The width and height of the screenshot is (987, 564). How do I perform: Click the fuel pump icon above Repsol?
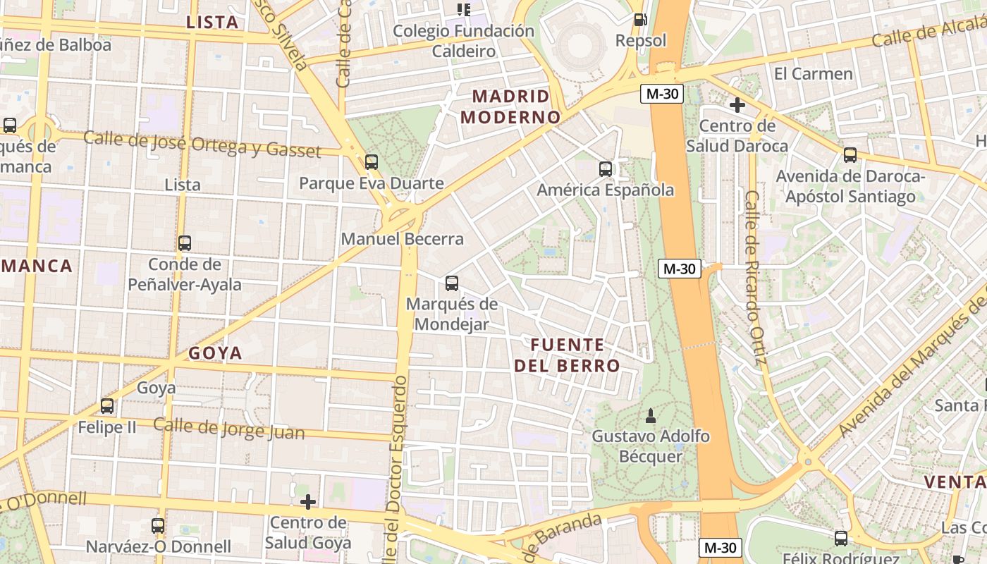pyautogui.click(x=640, y=20)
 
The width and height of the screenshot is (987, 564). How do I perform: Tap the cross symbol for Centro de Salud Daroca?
pyautogui.click(x=737, y=106)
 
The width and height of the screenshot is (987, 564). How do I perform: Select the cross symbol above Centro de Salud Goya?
pyautogui.click(x=308, y=502)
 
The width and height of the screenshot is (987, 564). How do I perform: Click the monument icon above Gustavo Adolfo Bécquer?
pyautogui.click(x=651, y=416)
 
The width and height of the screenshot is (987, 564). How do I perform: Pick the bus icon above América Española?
pyautogui.click(x=606, y=169)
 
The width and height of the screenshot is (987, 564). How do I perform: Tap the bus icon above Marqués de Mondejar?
pyautogui.click(x=452, y=283)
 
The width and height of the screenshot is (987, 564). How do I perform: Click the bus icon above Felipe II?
pyautogui.click(x=107, y=406)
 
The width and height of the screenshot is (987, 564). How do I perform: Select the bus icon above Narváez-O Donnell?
pyautogui.click(x=158, y=526)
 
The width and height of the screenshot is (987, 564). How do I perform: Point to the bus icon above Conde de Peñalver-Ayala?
pyautogui.click(x=185, y=243)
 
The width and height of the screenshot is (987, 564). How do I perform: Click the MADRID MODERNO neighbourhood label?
pyautogui.click(x=510, y=106)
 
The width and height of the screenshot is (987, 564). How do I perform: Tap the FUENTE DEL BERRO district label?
pyautogui.click(x=567, y=355)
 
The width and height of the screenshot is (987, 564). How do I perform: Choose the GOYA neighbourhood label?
pyautogui.click(x=215, y=353)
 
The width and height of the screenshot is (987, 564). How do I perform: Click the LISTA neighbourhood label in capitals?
pyautogui.click(x=212, y=23)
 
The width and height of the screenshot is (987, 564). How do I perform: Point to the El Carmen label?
pyautogui.click(x=813, y=74)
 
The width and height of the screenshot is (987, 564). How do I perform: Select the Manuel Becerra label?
pyautogui.click(x=403, y=239)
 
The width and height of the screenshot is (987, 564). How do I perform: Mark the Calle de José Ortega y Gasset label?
pyautogui.click(x=202, y=143)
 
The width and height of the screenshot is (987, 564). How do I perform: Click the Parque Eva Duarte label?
pyautogui.click(x=372, y=184)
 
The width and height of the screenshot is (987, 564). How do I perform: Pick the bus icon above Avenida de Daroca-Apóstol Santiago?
pyautogui.click(x=850, y=155)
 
